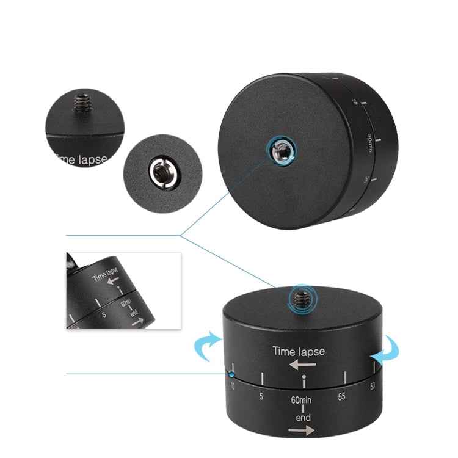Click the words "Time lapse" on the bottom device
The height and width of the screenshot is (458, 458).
299,351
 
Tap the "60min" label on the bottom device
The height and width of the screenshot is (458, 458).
304,402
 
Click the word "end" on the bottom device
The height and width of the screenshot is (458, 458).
304,418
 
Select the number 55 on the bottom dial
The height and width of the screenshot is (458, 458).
343,396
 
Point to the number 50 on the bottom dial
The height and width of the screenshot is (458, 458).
373,386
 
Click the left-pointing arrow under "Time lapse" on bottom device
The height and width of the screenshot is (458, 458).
303,365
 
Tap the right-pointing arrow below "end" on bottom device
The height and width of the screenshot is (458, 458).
303,431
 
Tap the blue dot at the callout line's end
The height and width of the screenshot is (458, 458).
232,374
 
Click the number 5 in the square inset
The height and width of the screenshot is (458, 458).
105,315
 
